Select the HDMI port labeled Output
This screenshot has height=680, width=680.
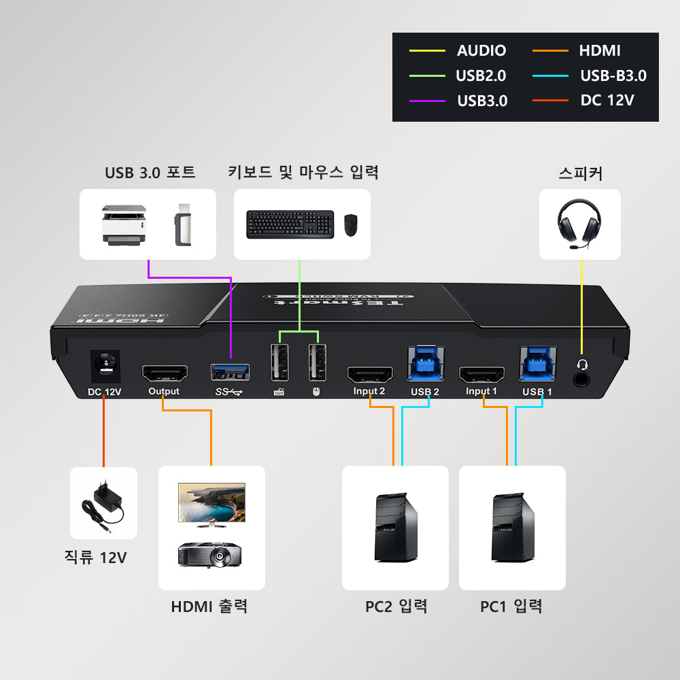164,373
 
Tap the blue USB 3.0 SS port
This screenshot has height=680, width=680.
229,372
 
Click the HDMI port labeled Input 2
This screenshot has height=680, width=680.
370,374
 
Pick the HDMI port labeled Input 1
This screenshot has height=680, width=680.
482,374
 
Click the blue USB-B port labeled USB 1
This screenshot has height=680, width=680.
537,364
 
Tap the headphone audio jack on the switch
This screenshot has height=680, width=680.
582,377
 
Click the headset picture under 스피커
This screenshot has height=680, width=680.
579,224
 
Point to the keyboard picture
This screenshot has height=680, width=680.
290,224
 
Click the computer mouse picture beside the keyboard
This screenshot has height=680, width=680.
350,224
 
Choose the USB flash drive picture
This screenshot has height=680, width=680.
183,224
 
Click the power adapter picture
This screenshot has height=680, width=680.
104,504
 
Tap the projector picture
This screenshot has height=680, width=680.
210,554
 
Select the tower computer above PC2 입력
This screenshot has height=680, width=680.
394,528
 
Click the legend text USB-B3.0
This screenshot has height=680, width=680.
613,75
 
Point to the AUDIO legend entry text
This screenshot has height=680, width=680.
481,50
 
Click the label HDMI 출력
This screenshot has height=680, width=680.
209,606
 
